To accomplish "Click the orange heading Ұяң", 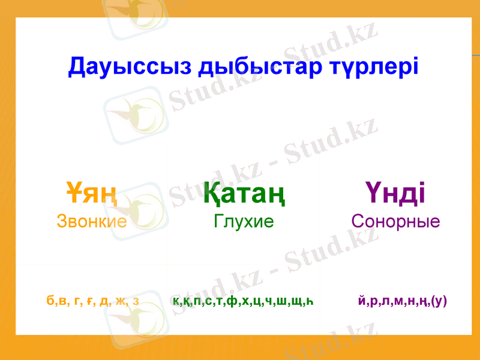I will [x=91, y=193].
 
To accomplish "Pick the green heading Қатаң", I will [x=244, y=193].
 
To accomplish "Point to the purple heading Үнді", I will [x=395, y=193].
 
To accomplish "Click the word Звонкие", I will [x=92, y=221].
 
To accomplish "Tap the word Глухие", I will [x=244, y=221].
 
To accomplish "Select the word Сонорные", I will [x=396, y=221].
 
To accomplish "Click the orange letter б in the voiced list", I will [x=49, y=301].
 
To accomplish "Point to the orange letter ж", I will [x=122, y=301].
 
